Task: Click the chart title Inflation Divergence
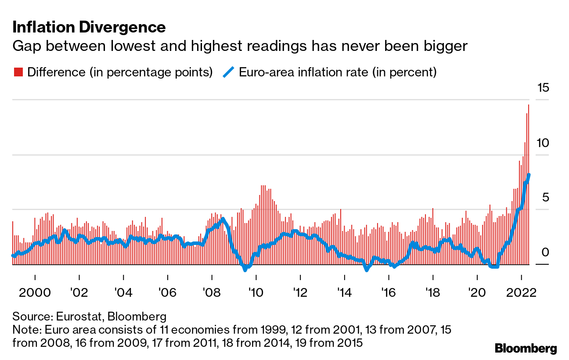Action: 89,28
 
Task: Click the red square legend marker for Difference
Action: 18,72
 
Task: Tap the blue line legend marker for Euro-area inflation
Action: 228,72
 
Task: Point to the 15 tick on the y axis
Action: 543,88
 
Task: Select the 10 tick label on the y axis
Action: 543,143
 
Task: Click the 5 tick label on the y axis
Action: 546,198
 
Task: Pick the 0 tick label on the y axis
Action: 546,253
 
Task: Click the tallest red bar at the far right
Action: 529,184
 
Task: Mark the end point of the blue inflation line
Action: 529,175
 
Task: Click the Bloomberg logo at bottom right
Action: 526,349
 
